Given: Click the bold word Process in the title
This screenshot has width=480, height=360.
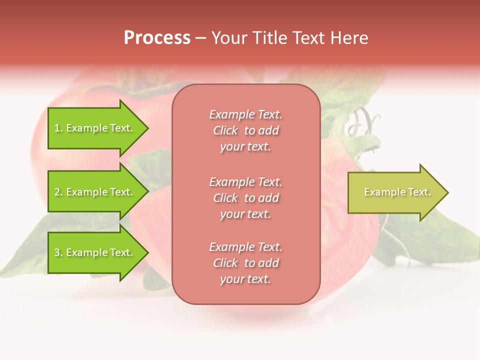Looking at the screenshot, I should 157,38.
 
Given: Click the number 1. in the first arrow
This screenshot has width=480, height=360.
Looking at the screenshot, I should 58,128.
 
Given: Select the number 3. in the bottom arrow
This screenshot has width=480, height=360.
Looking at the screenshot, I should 58,253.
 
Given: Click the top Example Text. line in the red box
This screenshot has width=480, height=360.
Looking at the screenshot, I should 245,115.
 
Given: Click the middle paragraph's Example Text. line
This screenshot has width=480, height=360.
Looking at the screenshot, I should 245,182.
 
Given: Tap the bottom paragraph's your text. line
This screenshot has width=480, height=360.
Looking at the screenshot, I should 245,279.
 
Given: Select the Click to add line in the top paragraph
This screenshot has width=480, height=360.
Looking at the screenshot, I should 245,131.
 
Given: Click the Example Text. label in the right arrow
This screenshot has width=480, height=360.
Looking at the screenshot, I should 397,192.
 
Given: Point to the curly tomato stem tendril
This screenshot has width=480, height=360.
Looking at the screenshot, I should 362,122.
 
